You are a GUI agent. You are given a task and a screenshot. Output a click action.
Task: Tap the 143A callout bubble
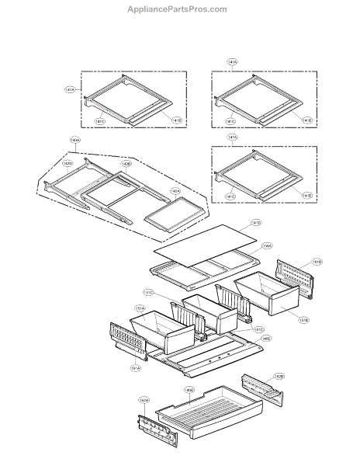74,141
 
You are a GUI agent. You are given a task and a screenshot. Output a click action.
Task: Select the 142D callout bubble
68,164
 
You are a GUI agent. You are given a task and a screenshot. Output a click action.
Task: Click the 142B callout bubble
126,164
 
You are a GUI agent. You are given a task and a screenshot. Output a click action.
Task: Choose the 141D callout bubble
257,223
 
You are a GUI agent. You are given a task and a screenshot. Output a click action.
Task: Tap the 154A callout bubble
266,246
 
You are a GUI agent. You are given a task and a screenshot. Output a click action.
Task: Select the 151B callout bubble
303,319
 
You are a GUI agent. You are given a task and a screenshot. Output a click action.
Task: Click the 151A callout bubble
140,310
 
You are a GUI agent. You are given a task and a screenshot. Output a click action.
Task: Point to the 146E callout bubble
265,339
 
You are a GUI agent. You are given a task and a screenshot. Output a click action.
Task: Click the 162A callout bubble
144,401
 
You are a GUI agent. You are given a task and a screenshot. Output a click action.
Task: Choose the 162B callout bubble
279,376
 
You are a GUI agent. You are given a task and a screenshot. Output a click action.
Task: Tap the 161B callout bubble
317,262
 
